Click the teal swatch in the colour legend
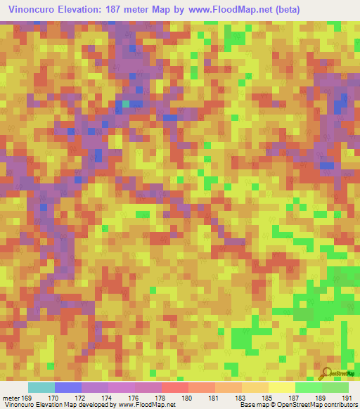click(41, 387)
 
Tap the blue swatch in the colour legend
click(68, 387)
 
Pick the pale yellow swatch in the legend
click(282, 387)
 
